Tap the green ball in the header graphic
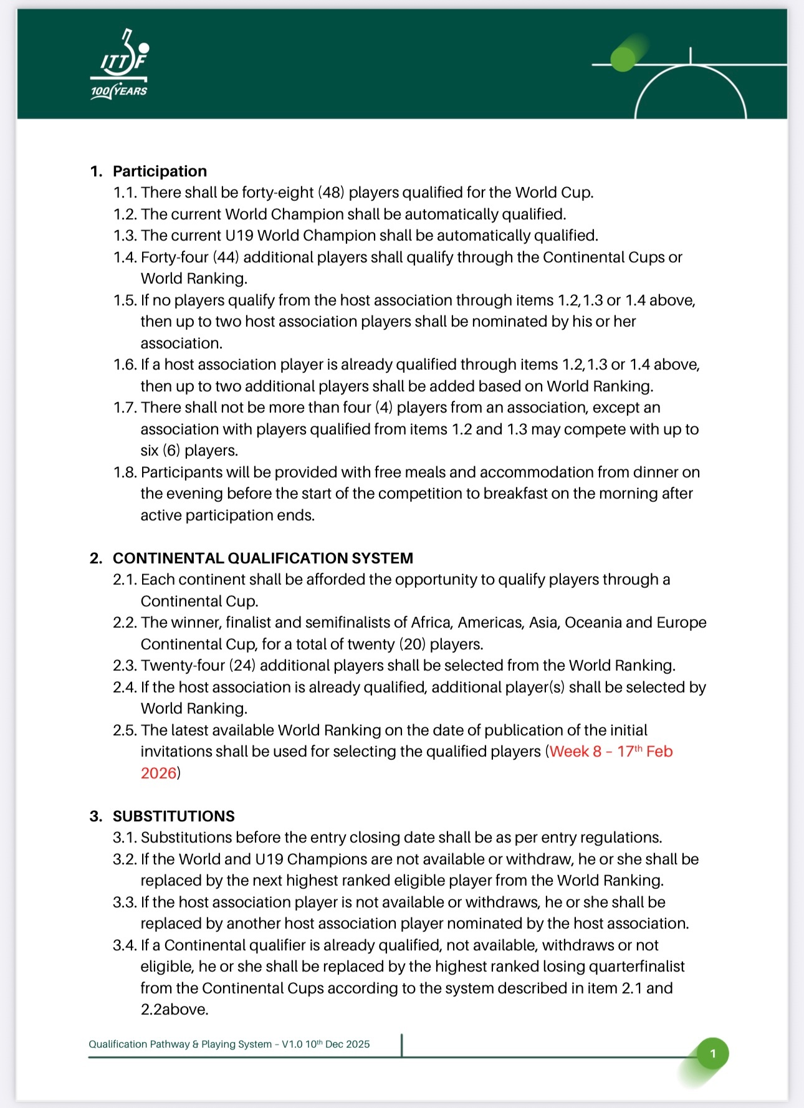622,59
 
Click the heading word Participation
160,171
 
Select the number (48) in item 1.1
332,193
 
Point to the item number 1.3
125,236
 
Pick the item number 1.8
125,472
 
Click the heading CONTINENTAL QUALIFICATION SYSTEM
262,558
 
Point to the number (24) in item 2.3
242,666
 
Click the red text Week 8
575,752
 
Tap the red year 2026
158,773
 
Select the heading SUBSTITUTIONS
173,816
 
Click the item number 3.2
125,859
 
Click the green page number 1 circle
713,1054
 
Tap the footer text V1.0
292,1044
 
